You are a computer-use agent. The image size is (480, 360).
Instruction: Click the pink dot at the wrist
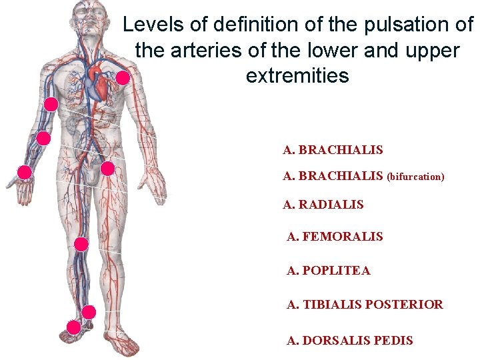(x=25, y=172)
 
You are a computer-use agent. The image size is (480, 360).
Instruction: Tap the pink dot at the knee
(x=81, y=244)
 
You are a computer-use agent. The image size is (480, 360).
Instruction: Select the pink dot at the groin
(x=107, y=169)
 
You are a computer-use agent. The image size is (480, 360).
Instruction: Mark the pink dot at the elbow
(x=43, y=139)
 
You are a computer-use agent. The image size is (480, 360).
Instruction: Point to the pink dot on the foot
(x=73, y=327)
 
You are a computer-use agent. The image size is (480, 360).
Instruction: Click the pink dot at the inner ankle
(x=89, y=312)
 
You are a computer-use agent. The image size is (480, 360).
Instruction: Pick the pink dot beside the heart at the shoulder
(x=123, y=78)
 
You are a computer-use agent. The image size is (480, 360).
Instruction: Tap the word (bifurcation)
(x=415, y=177)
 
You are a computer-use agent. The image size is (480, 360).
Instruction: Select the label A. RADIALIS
(x=323, y=205)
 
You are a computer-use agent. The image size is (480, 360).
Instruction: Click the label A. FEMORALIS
(x=335, y=236)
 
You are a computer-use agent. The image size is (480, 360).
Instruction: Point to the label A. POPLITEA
(x=328, y=271)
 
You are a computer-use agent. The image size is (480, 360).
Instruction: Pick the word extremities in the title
(x=297, y=76)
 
